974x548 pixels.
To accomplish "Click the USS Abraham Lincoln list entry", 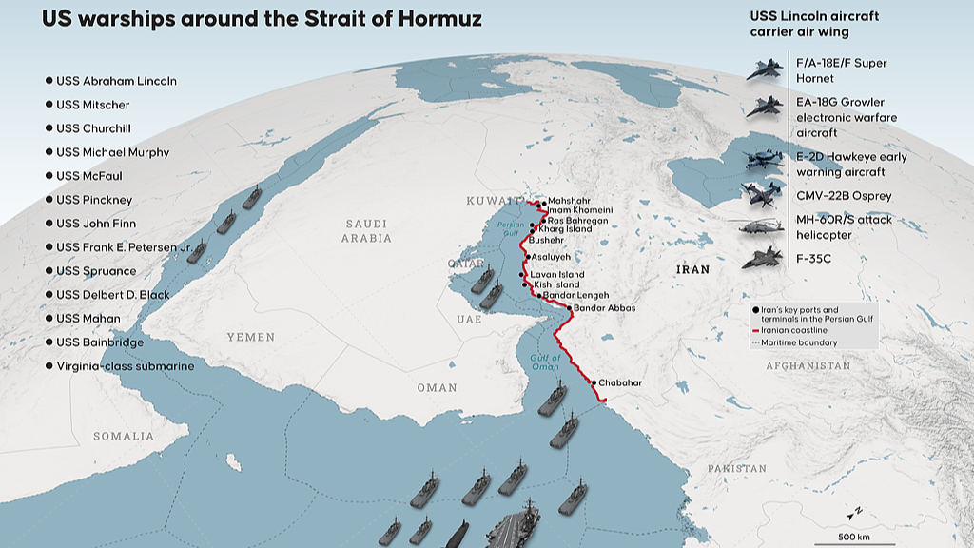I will pos(116,81).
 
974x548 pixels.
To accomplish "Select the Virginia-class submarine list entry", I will pos(125,366).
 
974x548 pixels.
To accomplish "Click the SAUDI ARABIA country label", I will pos(366,230).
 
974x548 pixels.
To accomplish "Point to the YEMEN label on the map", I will pos(250,337).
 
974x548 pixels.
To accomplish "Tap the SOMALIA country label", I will pos(124,436).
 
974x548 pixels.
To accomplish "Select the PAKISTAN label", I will pos(736,468).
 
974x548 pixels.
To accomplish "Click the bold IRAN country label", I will pos(692,269).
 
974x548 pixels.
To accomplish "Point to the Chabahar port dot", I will pos(594,382).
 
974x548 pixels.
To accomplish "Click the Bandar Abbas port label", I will pos(604,308).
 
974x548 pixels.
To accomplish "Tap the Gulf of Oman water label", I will pos(545,361).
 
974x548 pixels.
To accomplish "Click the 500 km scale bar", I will pos(854,529).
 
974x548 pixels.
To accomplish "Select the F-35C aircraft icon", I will pos(763,258).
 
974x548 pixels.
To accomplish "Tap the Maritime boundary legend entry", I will pos(798,342).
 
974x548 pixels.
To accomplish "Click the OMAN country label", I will pos(437,387).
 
